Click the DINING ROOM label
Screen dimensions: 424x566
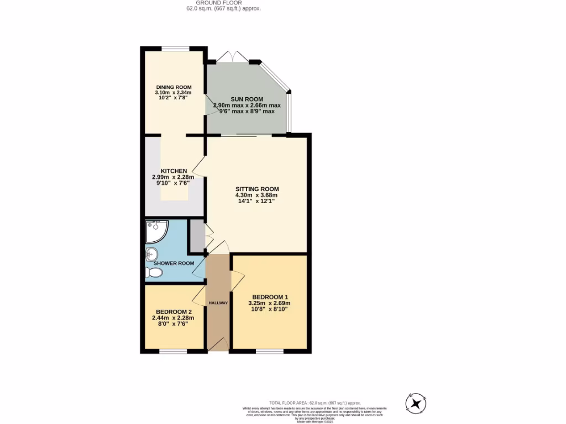173,87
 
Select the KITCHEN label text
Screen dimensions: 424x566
174,171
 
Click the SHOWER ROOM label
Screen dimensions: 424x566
174,263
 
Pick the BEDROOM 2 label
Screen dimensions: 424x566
173,311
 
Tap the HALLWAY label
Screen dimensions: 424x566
218,303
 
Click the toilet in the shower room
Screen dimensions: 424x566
152,272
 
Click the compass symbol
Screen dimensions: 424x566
416,404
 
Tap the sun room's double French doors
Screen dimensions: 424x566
232,57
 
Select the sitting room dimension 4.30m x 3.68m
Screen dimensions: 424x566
256,194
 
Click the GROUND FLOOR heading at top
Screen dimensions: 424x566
223,3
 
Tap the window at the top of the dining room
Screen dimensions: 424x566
176,48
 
